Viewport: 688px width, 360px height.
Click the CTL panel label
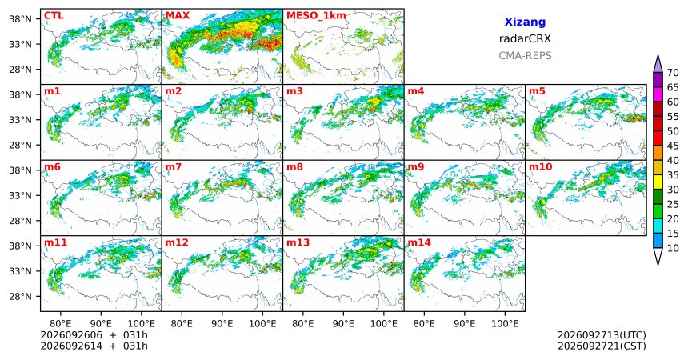tap(54, 16)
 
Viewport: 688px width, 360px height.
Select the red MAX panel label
tap(178, 16)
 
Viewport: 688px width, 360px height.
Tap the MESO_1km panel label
tap(316, 16)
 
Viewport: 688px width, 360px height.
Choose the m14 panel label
tap(419, 242)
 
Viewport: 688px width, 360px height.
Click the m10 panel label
tap(540, 167)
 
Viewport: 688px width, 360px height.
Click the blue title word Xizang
tap(525, 22)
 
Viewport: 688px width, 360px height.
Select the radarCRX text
tap(525, 38)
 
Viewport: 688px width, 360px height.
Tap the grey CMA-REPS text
tap(525, 56)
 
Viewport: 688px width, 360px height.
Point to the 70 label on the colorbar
tap(673, 73)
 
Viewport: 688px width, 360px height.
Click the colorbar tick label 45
tap(673, 146)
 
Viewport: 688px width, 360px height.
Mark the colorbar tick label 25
tap(673, 204)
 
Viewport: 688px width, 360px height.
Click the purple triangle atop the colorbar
tap(658, 64)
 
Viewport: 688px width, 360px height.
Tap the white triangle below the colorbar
tap(658, 255)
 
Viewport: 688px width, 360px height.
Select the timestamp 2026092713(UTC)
tap(602, 335)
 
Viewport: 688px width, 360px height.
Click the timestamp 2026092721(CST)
tap(602, 346)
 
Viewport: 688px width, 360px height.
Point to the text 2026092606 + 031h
tap(94, 335)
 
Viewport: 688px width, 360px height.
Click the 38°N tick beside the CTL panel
tap(20, 19)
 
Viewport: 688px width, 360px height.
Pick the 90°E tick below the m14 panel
tap(465, 324)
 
